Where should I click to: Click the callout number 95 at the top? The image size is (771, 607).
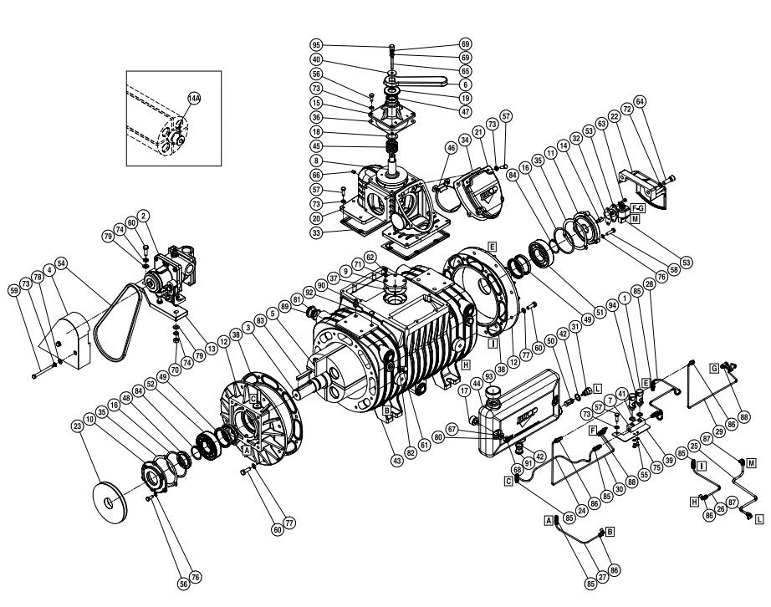[316, 44]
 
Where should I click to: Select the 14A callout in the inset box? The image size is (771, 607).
[193, 98]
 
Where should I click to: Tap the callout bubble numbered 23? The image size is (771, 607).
[78, 426]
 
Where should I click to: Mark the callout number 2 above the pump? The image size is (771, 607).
[143, 215]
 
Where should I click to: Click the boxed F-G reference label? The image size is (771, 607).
[637, 206]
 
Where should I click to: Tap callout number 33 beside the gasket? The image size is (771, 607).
[316, 233]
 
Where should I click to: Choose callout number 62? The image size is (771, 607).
[369, 258]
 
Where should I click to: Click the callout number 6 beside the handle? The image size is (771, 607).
[466, 85]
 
